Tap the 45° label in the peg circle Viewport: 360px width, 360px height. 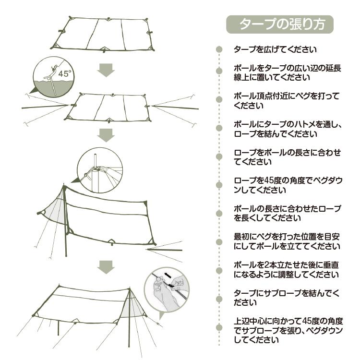tap(64, 74)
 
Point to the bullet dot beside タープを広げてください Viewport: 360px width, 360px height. tap(219, 49)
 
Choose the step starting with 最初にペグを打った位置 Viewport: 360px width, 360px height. tap(287, 241)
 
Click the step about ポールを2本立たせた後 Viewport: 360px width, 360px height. tap(287, 270)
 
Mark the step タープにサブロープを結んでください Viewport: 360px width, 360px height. tap(287, 298)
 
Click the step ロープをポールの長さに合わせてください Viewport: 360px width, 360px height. tap(287, 157)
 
